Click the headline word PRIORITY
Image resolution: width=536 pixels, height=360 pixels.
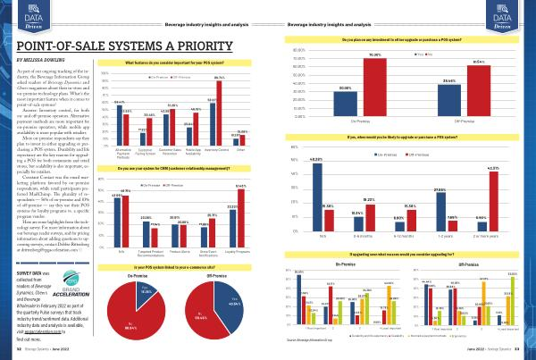[x=205, y=42]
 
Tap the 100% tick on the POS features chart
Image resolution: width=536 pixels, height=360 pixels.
[x=105, y=74]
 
